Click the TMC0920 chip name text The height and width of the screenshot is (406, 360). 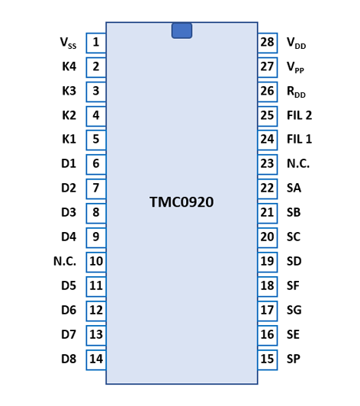click(182, 202)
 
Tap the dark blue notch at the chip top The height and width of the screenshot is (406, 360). click(182, 31)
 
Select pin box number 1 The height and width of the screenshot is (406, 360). click(96, 43)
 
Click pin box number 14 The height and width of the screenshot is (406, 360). click(96, 360)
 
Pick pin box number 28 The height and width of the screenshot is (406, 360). click(268, 43)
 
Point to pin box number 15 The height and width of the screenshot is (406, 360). click(268, 360)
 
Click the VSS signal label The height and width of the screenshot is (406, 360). click(68, 43)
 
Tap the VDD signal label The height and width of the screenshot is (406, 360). click(297, 43)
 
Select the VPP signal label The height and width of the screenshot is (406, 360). click(295, 67)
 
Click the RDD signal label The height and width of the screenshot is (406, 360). click(296, 92)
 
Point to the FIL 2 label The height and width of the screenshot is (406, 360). click(300, 115)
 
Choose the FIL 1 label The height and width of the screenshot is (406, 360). click(300, 140)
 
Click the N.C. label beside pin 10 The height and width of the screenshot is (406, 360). click(65, 261)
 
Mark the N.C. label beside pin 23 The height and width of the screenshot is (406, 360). click(298, 163)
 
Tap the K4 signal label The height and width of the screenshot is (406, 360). click(69, 66)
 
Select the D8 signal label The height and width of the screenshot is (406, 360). click(69, 359)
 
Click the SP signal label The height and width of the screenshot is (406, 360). click(294, 359)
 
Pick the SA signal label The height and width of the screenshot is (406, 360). click(294, 188)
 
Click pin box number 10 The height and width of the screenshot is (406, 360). click(96, 263)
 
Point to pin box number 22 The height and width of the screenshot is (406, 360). click(268, 189)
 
